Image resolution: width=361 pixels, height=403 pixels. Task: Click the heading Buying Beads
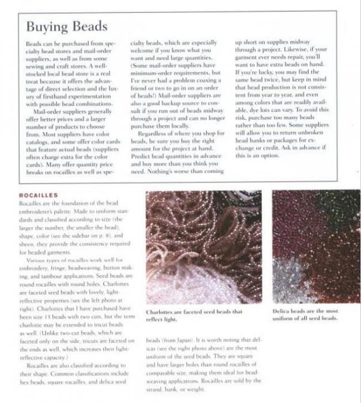pos(67,26)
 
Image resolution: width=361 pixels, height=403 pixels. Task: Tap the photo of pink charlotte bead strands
pos(203,247)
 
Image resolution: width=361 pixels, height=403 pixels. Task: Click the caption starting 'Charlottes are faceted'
pos(194,315)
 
